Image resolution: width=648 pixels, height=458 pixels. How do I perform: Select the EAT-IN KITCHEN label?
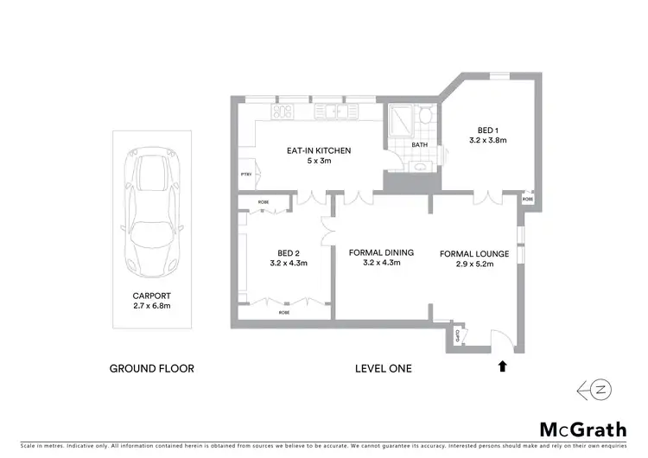319,150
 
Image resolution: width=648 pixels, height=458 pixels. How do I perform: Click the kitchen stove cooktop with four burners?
283,111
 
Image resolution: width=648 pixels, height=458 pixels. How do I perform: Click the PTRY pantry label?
245,175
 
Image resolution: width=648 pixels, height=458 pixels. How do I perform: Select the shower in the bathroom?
400,122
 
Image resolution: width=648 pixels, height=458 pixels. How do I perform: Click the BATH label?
419,145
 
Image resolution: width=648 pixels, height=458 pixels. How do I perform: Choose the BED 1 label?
486,129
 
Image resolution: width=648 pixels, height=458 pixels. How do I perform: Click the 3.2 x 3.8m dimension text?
486,139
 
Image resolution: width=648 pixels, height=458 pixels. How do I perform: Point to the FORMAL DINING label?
381,252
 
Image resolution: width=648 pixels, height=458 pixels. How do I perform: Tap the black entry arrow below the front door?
501,366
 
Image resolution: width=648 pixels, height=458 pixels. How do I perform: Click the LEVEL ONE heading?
384,368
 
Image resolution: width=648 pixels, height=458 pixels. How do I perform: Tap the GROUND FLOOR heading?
151,368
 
